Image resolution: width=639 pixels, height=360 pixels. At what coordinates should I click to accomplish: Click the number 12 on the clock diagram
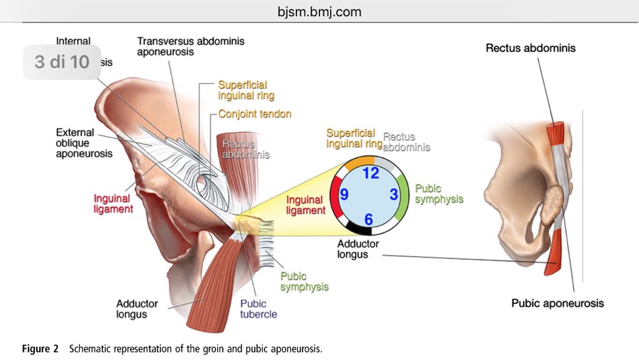[371, 173]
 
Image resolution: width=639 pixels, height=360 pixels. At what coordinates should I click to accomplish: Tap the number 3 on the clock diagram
[394, 194]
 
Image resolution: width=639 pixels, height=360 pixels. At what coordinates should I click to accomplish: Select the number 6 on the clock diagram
[369, 218]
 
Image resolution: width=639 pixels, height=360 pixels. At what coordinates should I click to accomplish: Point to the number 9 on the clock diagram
[344, 195]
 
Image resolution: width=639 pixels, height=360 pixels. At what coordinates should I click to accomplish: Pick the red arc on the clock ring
[335, 194]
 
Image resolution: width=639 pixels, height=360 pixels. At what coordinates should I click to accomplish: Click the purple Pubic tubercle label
[258, 308]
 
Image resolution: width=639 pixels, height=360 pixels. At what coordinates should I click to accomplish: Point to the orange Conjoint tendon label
[255, 114]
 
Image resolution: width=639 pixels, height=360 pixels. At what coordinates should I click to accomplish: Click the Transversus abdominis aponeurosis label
[191, 47]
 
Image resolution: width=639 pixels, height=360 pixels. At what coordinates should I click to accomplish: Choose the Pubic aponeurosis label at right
[557, 303]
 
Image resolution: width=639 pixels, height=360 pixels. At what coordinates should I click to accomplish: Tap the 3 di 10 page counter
[62, 62]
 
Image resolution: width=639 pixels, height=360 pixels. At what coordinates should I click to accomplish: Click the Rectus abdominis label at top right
[530, 48]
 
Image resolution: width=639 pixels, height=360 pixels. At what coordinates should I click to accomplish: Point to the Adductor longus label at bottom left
[137, 309]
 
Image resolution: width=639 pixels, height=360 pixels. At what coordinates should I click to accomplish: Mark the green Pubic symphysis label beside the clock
[439, 193]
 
